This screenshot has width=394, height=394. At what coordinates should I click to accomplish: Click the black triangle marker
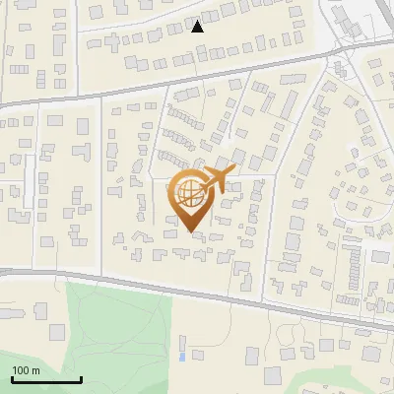point(197,27)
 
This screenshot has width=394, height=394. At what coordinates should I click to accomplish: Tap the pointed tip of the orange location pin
point(190,232)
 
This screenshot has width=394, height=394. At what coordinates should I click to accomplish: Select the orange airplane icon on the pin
point(218,177)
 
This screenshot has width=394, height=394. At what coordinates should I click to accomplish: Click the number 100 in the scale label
point(22,370)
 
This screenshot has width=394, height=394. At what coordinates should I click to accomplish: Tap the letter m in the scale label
point(36,370)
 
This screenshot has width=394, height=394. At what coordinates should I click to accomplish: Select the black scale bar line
point(45,380)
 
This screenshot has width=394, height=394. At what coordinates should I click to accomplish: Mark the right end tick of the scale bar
point(81,378)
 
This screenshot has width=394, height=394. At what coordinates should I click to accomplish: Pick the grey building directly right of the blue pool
point(197,353)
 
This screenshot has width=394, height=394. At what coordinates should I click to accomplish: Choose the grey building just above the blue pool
point(184,340)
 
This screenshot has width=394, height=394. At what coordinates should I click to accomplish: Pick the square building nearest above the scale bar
point(39,309)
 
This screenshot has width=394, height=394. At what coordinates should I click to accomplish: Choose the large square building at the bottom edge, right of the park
point(273,376)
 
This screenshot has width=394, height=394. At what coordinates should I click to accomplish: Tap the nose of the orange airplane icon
point(234,169)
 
